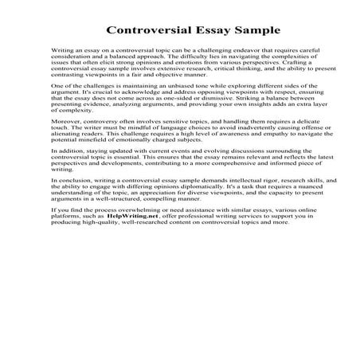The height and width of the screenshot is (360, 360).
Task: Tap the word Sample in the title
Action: (x=256, y=33)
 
